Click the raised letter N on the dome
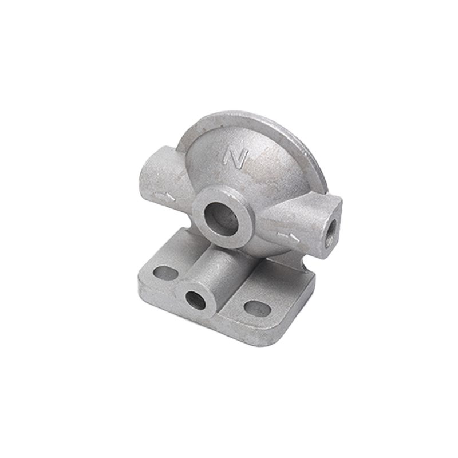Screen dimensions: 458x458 click(236, 159)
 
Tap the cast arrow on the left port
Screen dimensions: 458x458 click(165, 196)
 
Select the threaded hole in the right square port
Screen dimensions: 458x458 click(332, 228)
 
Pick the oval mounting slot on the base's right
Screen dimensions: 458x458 click(257, 307)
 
